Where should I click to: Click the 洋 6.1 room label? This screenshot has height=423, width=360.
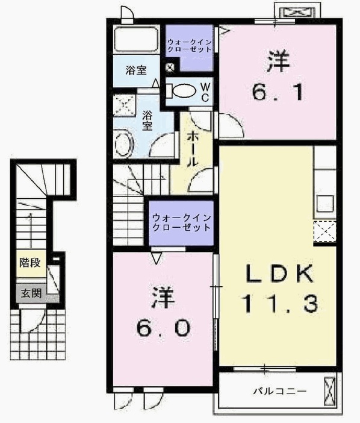pyautogui.click(x=276, y=77)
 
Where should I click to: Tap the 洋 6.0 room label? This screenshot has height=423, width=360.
pyautogui.click(x=162, y=312)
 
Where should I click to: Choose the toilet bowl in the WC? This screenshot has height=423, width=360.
pyautogui.click(x=182, y=91)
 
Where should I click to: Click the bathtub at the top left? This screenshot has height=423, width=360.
pyautogui.click(x=137, y=40)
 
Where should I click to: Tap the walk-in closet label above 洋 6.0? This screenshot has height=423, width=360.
pyautogui.click(x=181, y=222)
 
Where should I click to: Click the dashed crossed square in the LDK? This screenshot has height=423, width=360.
pyautogui.click(x=324, y=231)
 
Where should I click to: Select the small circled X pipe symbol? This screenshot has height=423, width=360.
pyautogui.click(x=170, y=67)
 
